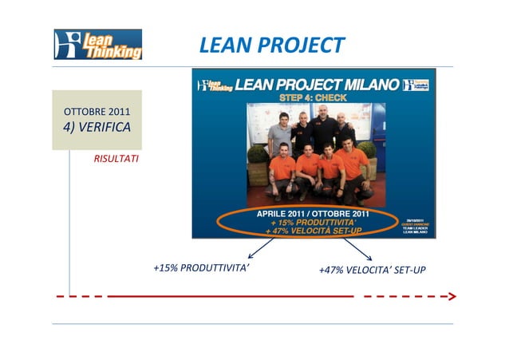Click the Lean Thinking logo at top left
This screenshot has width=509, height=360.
pos(98,45)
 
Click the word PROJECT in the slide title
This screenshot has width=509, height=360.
pos(306,45)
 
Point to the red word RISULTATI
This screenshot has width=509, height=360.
pos(116,159)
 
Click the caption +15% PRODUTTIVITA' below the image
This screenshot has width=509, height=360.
pos(201,268)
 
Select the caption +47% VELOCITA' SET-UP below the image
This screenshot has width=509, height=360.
pos(372,270)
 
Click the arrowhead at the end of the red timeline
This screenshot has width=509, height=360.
pos(452,296)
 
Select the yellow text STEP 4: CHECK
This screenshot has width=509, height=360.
pos(313,97)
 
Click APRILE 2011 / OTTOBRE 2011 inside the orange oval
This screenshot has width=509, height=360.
pos(312,214)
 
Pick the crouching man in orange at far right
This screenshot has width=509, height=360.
pos(353,169)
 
